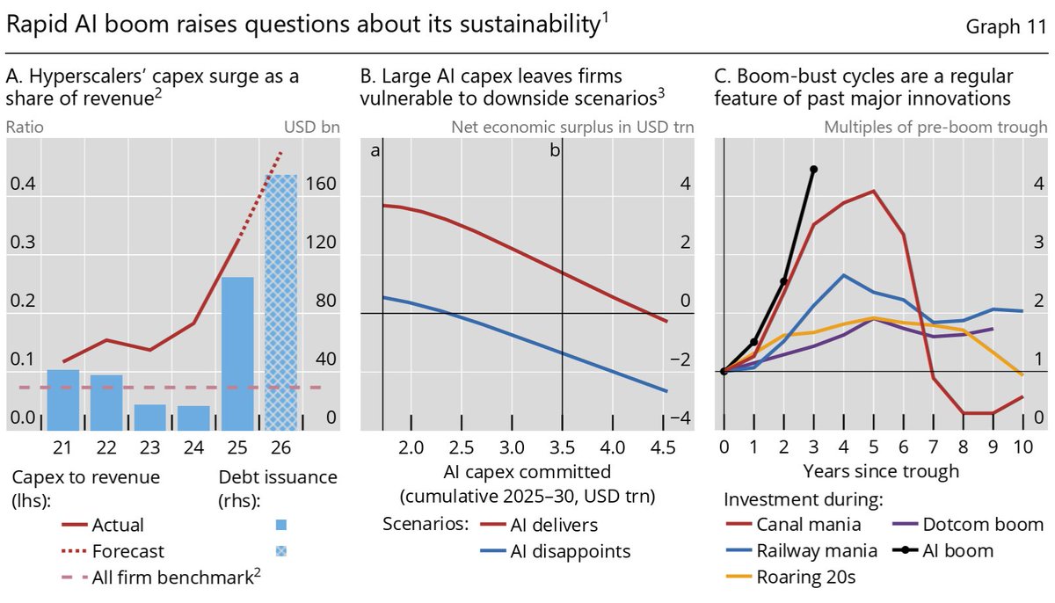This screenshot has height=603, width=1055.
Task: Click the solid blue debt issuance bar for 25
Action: [237, 353]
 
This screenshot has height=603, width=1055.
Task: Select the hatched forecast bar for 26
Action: [280, 302]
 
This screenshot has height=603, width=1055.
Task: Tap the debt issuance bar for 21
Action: [63, 400]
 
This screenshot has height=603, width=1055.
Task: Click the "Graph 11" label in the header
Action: [1006, 26]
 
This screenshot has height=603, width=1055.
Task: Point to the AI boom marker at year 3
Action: [814, 170]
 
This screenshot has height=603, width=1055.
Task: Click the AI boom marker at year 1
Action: [754, 342]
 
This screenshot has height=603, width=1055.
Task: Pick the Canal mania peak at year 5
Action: [874, 191]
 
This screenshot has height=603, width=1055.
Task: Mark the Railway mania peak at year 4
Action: [843, 275]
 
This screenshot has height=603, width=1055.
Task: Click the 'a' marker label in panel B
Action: [375, 150]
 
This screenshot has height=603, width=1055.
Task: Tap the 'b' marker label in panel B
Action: [555, 150]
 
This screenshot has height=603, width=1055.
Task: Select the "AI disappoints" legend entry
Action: [556, 551]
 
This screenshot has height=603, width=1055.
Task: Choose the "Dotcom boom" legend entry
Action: [968, 525]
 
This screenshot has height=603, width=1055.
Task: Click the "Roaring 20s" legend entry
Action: [790, 578]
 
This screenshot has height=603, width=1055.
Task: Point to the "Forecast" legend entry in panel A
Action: [113, 551]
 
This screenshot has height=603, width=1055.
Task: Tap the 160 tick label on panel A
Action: [321, 184]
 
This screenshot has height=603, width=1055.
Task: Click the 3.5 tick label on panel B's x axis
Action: [562, 447]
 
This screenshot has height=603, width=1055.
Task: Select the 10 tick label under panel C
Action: [1023, 447]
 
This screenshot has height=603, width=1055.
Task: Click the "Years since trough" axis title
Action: [881, 471]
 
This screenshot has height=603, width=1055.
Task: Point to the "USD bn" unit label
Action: [312, 127]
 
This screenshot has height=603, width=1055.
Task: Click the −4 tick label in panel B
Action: [680, 418]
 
